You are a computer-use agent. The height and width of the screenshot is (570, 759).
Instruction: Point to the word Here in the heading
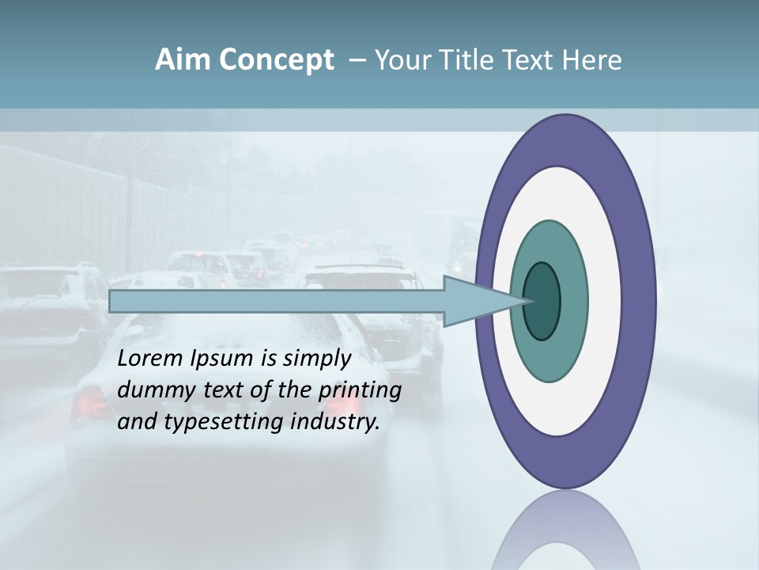pyautogui.click(x=593, y=60)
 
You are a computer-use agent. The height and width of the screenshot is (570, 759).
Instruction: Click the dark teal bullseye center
pyautogui.click(x=542, y=302)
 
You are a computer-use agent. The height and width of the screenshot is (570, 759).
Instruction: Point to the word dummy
pyautogui.click(x=153, y=390)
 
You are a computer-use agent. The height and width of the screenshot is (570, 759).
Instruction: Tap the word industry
pyautogui.click(x=335, y=422)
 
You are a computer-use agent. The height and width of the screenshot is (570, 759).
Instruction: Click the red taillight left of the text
pyautogui.click(x=89, y=406)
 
